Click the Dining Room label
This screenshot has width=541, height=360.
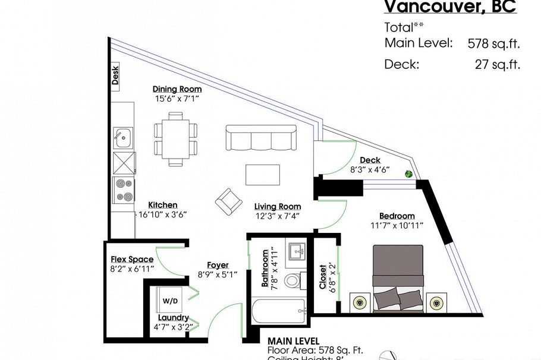pos(173,89)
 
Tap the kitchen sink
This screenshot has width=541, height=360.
pos(122,138)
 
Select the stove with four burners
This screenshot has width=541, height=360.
pos(124,191)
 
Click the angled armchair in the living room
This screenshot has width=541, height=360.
pos(228,202)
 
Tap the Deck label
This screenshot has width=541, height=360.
pos(370,160)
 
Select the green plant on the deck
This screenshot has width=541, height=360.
pos(409,174)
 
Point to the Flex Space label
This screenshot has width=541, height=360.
pos(132,260)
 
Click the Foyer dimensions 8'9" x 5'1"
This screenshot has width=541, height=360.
pos(218,274)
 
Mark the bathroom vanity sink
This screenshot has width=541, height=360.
pos(295,252)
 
